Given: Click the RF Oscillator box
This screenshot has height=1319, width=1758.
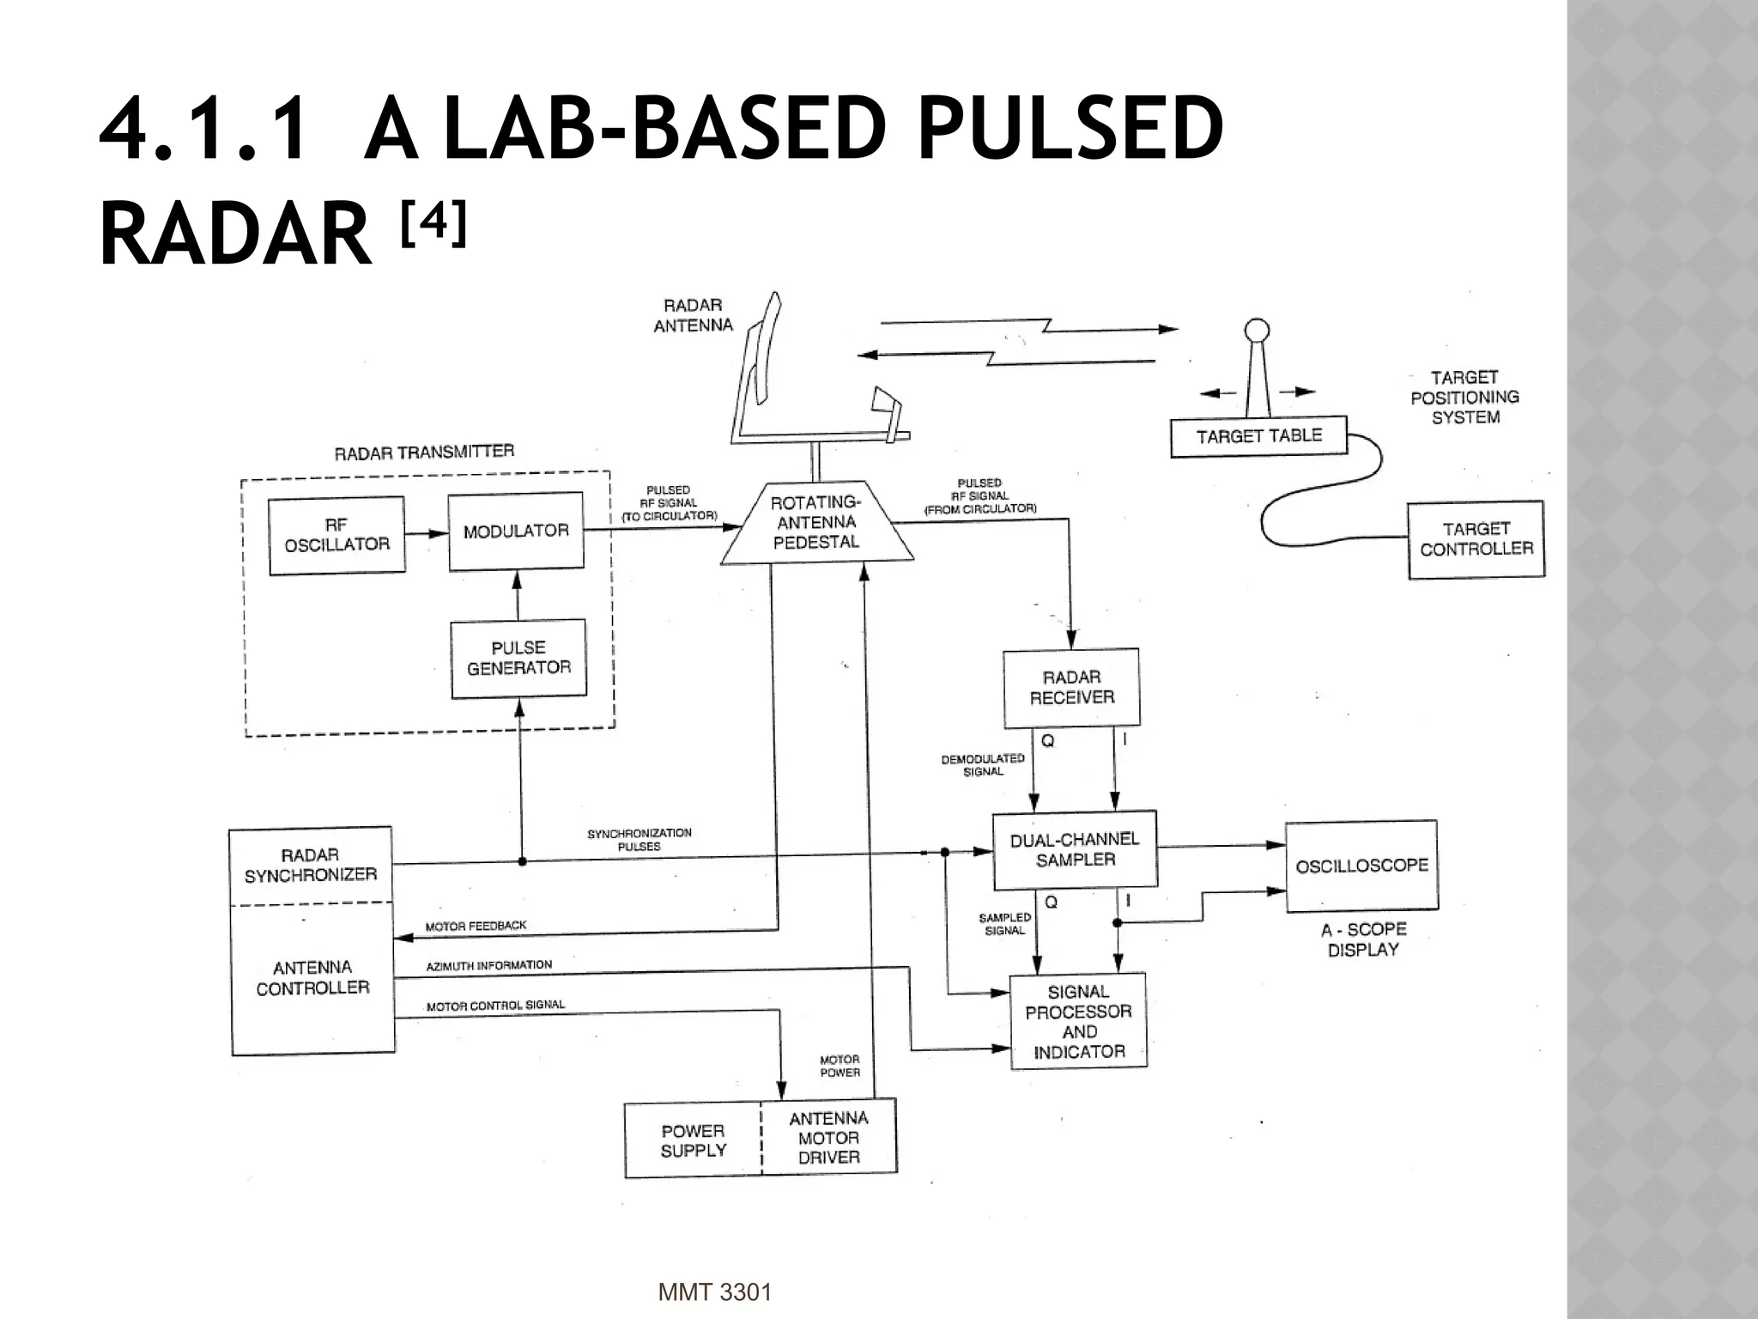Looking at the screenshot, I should [336, 535].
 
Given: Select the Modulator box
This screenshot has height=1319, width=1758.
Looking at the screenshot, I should [516, 531].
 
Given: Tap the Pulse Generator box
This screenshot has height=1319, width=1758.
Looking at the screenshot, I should [518, 658].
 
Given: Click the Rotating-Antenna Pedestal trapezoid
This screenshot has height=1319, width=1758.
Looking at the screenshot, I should [815, 522].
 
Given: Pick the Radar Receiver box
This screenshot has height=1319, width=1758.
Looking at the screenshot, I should [1071, 687].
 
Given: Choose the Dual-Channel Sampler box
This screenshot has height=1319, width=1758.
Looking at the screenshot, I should [1075, 849].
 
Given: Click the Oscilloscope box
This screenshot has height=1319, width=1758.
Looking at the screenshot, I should [1361, 866].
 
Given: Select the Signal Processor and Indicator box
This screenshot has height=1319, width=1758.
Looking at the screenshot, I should [1078, 1021].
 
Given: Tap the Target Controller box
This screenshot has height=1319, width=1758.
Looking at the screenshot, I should [1476, 539].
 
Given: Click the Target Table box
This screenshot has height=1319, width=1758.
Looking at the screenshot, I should [1258, 436].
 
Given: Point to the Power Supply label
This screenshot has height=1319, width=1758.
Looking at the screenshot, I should [693, 1140].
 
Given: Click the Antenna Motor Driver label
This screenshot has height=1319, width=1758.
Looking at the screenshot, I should [828, 1138].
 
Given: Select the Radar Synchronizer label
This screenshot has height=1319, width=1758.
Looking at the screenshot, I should [310, 865].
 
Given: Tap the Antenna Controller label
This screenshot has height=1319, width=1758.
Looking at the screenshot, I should [312, 977].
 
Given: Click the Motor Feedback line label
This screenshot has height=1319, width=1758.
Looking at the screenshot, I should [476, 926].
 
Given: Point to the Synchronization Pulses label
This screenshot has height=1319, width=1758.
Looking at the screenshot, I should [639, 840].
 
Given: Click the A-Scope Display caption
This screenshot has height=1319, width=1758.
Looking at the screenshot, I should [1363, 939].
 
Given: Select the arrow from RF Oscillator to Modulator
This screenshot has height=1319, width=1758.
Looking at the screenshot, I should [427, 533].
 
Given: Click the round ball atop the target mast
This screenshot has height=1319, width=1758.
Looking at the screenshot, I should [1257, 330].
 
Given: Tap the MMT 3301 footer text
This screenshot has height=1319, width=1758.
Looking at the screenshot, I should [714, 1292].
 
